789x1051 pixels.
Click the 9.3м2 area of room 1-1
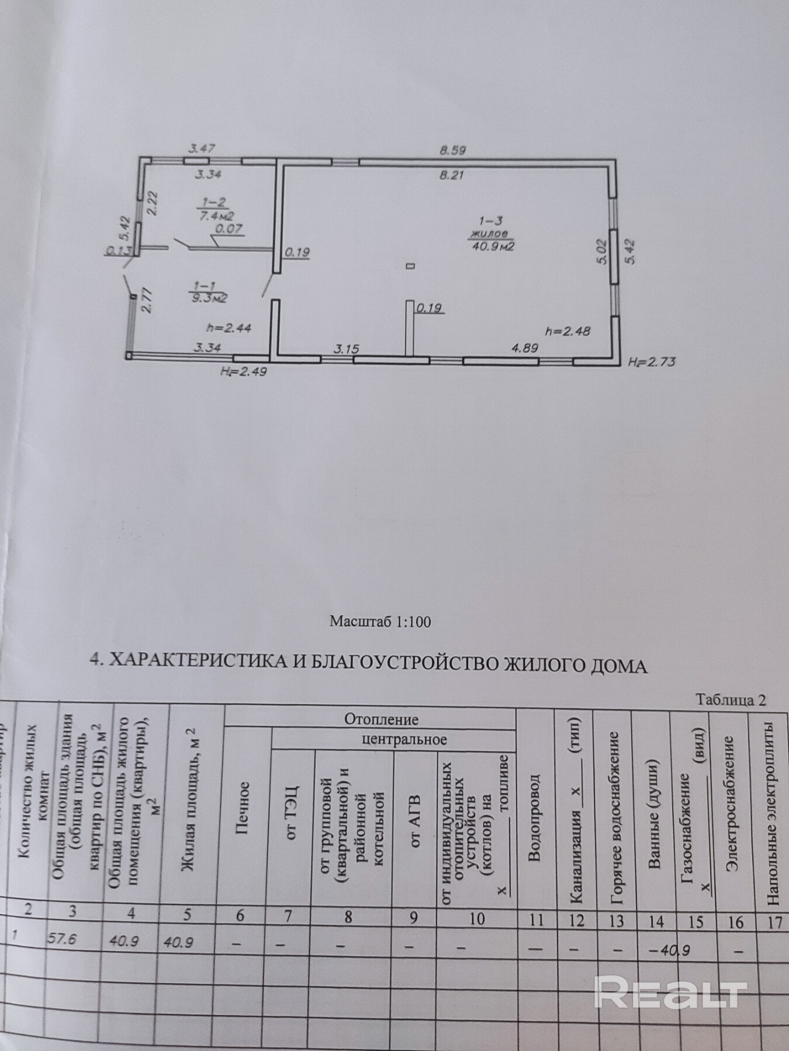tap(208, 297)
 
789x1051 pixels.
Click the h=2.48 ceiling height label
tap(567, 331)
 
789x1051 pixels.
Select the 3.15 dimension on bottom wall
tap(346, 349)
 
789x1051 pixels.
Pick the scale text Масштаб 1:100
tap(380, 621)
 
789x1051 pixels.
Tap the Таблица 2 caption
tap(731, 700)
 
